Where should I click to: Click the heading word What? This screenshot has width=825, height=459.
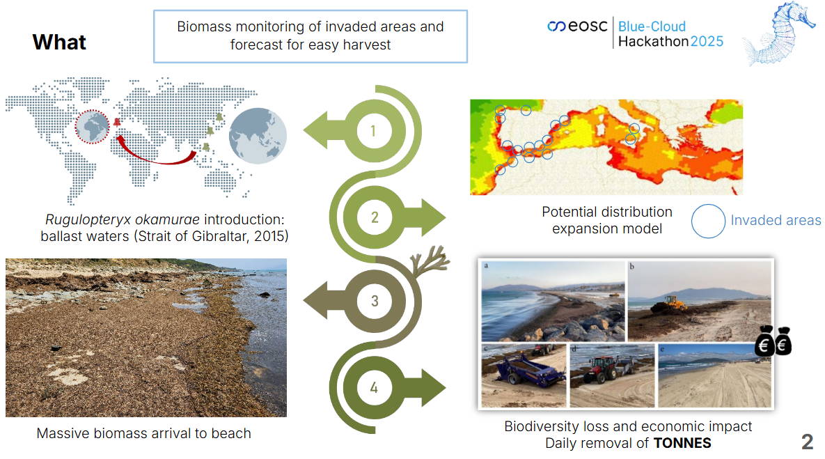coord(59,42)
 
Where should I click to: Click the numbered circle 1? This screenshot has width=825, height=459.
coord(374,130)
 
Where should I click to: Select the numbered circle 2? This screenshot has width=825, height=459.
coord(374,217)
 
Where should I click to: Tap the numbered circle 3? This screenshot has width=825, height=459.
coord(374,301)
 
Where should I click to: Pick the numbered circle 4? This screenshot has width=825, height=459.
coord(374,388)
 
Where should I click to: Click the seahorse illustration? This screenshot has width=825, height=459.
coord(778,33)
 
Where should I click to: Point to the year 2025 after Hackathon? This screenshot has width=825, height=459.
coord(707,42)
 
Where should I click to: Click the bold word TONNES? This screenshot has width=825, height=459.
coord(682,443)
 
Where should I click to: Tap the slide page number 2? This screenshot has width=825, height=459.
coord(807,442)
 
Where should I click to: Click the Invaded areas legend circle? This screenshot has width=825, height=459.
coord(708,221)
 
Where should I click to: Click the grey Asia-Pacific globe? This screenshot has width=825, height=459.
coord(258,136)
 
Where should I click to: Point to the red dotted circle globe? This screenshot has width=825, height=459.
coord(92,126)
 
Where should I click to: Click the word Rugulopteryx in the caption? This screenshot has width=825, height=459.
coord(88,220)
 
